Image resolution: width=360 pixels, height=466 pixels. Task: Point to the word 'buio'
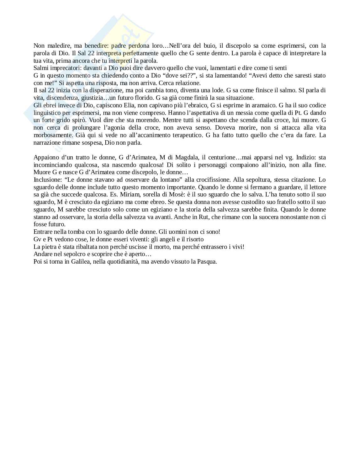tap(208, 46)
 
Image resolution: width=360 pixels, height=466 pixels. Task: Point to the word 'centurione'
tap(225, 158)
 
